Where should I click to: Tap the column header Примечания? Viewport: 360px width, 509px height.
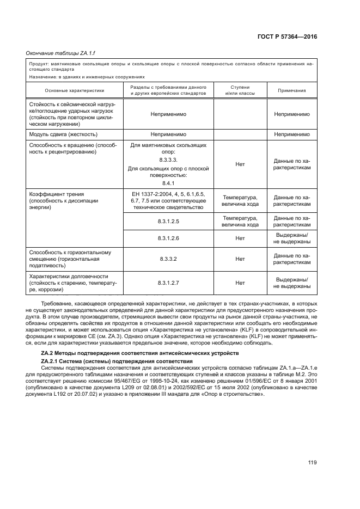tap(291, 90)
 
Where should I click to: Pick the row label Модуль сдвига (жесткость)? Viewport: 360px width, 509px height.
tap(63, 133)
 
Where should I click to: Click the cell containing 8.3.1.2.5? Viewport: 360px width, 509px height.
tap(168, 221)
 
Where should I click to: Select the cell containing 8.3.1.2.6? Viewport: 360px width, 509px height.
tap(168, 238)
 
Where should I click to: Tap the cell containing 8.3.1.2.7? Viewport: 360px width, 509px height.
tap(168, 283)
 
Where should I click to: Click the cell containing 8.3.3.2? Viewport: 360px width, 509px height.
tap(168, 260)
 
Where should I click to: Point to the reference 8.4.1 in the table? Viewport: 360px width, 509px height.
tap(168, 183)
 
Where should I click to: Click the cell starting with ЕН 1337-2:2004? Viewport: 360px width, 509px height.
tap(168, 200)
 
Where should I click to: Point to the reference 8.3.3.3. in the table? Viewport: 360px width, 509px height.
tap(168, 161)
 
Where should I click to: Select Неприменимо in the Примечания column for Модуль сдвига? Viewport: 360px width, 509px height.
tap(291, 133)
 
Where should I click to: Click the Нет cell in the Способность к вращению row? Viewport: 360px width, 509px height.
tap(240, 164)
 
